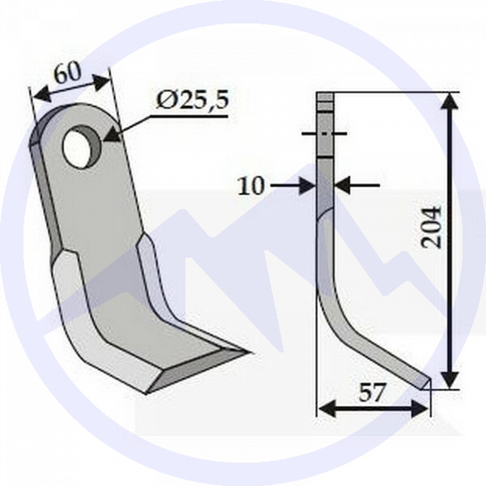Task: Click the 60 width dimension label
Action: pos(69,73)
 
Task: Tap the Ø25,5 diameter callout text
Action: pos(193,100)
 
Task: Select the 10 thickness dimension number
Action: pos(252,186)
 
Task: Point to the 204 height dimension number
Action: pos(432,226)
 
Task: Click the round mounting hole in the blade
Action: pos(81,147)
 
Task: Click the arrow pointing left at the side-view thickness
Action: pos(342,186)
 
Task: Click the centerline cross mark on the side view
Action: pos(325,134)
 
